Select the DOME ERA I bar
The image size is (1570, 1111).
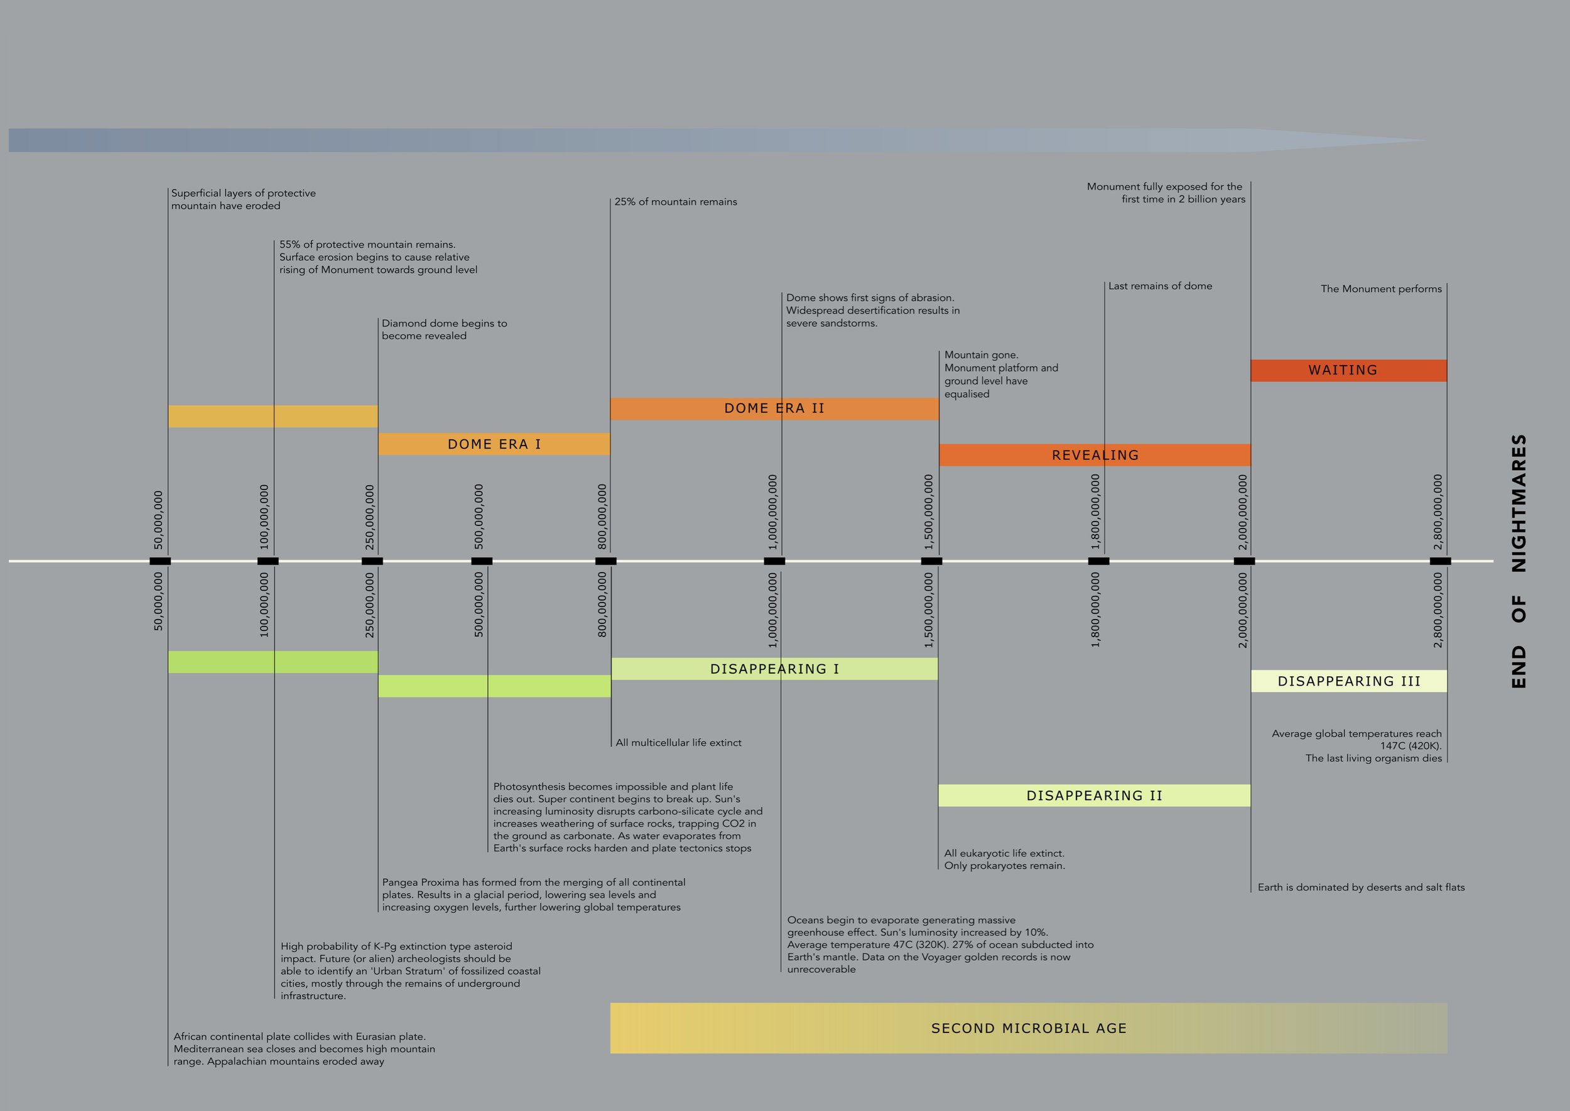494,444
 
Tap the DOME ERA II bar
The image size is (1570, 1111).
774,408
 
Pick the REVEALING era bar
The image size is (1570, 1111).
1094,455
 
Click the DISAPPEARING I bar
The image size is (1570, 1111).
774,669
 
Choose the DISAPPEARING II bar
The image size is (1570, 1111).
1094,796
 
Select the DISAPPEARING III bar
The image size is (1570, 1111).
1348,681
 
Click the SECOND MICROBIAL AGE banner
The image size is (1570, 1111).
1029,1028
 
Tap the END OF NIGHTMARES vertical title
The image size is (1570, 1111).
1519,561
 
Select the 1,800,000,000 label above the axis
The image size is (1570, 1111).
1095,512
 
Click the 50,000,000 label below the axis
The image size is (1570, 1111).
159,601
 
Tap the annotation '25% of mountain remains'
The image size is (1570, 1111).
676,202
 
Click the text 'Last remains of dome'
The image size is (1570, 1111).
1160,286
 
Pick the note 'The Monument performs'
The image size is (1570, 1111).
1380,288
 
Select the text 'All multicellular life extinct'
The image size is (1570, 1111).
678,743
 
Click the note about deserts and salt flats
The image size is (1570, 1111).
1361,887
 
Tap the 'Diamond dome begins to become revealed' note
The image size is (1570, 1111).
445,329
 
